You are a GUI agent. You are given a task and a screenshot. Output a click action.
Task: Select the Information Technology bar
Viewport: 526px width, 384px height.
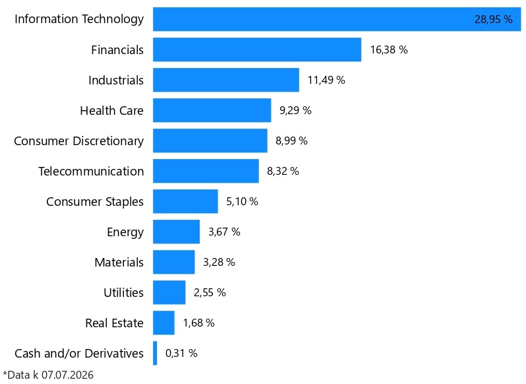pos(337,19)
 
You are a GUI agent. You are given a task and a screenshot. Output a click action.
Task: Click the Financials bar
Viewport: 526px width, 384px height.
pos(257,49)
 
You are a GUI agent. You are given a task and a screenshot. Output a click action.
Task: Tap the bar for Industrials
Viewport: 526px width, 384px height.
pos(226,80)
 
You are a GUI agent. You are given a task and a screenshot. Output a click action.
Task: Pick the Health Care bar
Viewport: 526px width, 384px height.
pos(212,110)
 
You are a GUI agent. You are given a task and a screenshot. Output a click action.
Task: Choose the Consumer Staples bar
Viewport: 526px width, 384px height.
pos(185,201)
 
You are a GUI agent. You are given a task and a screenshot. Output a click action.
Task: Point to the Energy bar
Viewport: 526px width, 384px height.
pos(177,232)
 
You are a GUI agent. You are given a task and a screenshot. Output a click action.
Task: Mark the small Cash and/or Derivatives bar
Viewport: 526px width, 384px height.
pos(155,353)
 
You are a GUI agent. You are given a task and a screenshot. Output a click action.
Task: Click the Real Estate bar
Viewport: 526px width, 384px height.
pos(163,323)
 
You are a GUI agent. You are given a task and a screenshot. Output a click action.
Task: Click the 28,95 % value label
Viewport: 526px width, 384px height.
pos(494,20)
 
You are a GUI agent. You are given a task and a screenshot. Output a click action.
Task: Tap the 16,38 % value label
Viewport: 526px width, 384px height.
pos(389,49)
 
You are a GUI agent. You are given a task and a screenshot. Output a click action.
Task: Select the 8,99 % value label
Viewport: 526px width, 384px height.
pos(291,141)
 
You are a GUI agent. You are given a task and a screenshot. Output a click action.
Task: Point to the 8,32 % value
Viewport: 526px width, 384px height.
pos(283,171)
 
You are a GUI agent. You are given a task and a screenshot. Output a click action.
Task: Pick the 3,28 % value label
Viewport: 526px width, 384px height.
pos(219,262)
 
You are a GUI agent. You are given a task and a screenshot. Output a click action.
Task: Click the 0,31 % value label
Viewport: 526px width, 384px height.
pos(181,353)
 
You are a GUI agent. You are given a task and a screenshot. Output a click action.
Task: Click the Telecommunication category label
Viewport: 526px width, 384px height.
pos(91,171)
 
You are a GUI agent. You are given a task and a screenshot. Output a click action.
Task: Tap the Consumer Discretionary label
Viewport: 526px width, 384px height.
pos(79,141)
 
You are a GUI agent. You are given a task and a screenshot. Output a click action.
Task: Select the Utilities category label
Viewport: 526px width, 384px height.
pos(123,293)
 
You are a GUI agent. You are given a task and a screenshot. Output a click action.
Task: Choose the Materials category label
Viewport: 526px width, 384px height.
pos(119,262)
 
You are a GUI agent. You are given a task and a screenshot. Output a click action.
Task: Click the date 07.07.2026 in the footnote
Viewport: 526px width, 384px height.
pos(67,375)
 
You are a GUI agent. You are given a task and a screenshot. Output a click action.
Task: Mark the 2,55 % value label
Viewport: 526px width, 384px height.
pos(210,293)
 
